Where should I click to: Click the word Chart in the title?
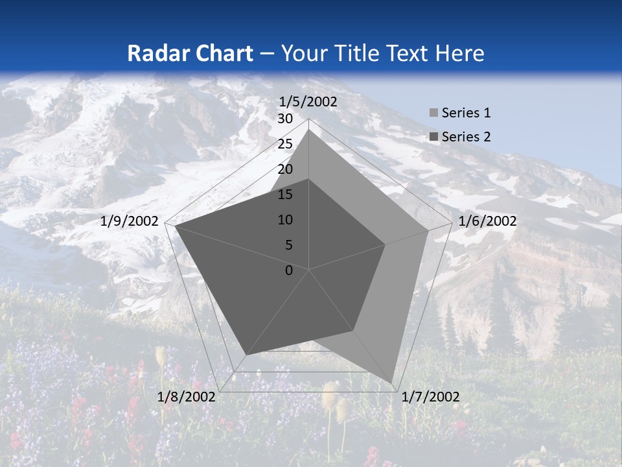220,53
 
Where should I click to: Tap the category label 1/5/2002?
308,102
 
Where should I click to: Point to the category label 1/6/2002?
487,221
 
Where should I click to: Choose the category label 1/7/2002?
430,397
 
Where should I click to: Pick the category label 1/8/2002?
187,397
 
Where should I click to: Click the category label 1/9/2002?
130,221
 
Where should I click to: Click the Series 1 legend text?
466,113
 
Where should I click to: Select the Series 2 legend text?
466,137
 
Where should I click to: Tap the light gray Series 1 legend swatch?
433,114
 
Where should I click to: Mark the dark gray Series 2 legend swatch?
433,138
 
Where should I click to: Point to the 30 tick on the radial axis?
285,119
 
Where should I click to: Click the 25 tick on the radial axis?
285,144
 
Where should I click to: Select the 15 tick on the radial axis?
285,195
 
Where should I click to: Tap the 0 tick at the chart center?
289,270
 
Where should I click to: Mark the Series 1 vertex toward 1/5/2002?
309,130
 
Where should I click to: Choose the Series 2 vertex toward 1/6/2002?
386,245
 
